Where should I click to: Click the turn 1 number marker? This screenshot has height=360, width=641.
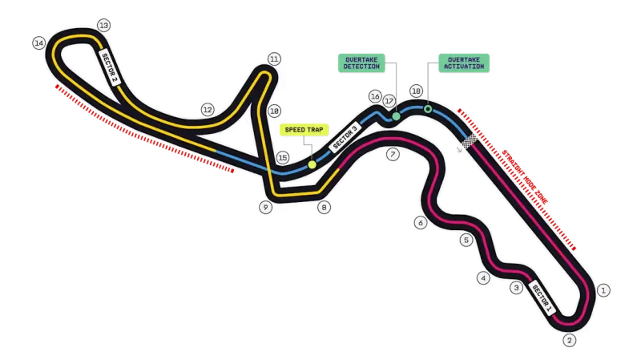click(603, 290)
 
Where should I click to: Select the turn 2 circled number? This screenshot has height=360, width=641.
click(570, 340)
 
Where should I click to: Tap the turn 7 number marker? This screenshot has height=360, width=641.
click(393, 155)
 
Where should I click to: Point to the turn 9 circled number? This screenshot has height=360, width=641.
click(266, 208)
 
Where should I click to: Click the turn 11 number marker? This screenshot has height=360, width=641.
click(274, 59)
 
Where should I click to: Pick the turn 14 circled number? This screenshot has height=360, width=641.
click(39, 43)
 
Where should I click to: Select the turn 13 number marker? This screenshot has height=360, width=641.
click(104, 26)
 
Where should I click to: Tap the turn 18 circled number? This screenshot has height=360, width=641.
click(416, 91)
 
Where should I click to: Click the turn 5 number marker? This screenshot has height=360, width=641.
click(466, 241)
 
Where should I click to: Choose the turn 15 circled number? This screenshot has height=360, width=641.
click(283, 157)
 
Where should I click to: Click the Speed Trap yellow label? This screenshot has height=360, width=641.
click(304, 130)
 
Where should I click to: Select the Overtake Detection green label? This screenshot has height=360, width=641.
click(361, 63)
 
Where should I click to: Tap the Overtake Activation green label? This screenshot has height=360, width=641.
click(464, 63)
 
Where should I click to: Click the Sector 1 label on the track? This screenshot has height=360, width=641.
click(542, 298)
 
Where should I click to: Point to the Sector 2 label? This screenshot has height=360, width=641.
click(109, 68)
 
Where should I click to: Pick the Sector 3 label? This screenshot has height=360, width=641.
click(345, 137)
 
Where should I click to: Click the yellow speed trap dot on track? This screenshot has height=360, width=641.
click(312, 165)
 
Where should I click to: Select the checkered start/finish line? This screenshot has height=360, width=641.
click(470, 141)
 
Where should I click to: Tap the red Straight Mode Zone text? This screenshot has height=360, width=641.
click(525, 177)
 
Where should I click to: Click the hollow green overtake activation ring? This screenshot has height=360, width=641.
click(428, 109)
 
